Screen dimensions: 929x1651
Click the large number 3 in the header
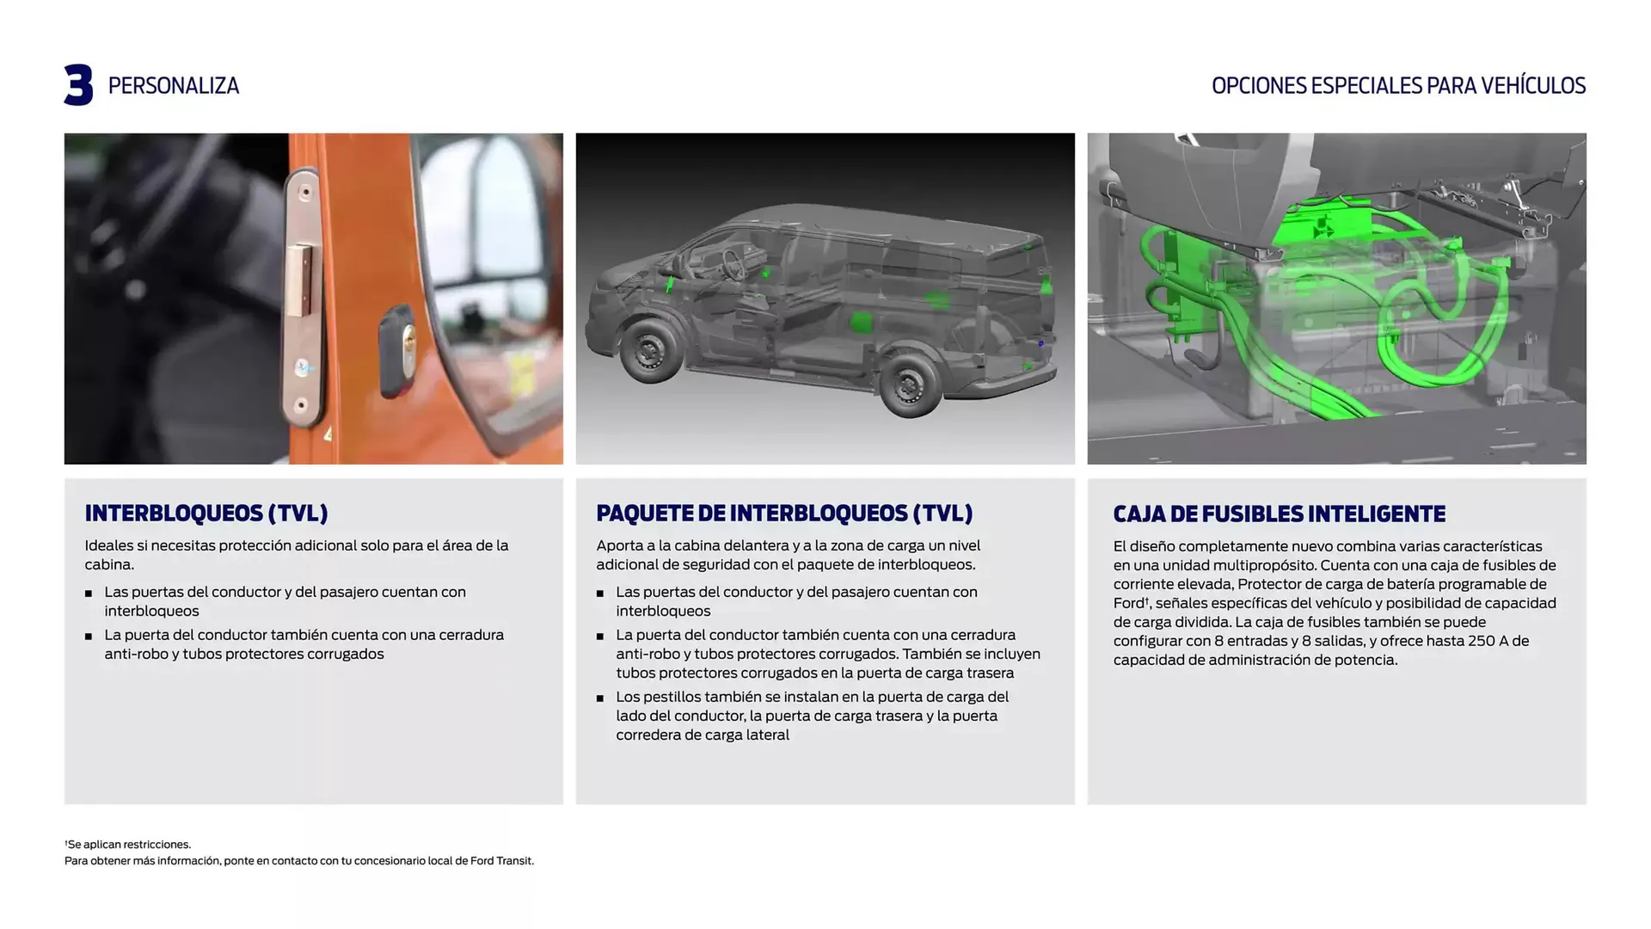78,85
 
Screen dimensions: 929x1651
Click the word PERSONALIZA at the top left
173,86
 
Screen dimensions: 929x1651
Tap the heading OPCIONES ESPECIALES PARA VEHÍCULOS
1397,86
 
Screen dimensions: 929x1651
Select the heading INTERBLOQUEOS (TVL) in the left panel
206,514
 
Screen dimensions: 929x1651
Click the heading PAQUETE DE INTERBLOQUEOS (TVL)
783,514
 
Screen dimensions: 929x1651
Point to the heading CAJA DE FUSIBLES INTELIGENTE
1279,514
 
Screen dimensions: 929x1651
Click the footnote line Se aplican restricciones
128,845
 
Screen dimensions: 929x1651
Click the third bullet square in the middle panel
600,698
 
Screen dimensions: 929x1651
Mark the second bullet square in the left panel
89,637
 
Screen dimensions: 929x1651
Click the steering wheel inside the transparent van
733,263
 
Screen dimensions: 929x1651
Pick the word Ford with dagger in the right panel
1130,604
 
